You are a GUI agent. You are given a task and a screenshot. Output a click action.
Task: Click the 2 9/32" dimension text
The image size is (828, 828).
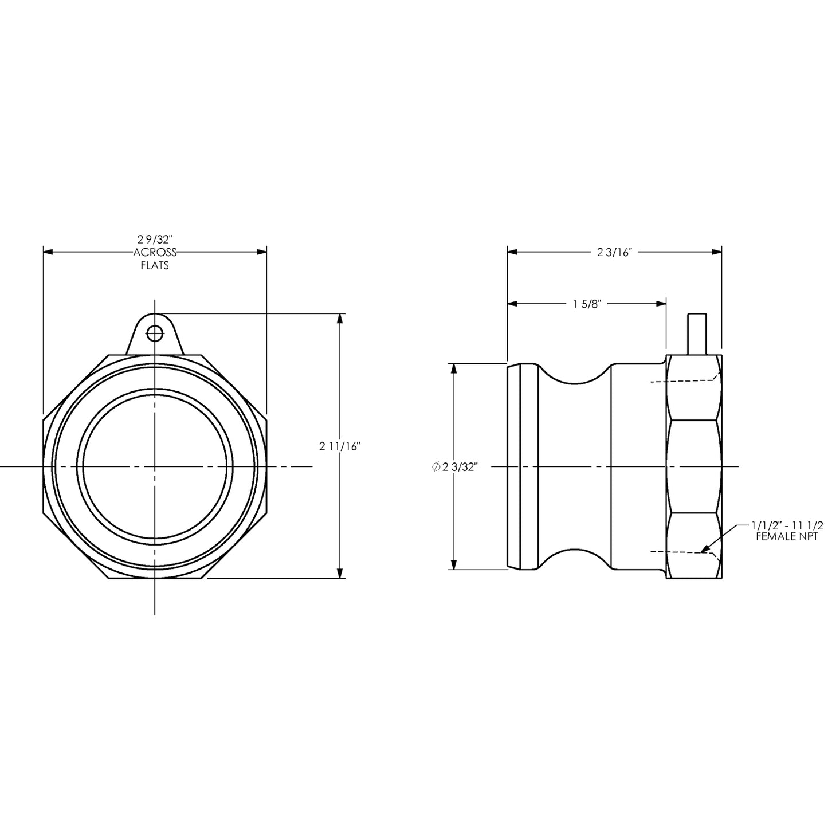155,239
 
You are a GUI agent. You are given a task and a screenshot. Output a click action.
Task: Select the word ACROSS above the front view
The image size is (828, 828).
155,252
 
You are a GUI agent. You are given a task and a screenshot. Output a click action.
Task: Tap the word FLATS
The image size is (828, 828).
155,266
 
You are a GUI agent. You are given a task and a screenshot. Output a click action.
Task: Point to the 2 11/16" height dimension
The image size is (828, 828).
339,447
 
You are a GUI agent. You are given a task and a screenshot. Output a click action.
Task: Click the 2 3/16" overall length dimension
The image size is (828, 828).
614,252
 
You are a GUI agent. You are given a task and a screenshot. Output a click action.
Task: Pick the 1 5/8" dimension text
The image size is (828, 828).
586,304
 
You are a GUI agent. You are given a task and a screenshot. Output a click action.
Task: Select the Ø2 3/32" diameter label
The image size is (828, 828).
454,467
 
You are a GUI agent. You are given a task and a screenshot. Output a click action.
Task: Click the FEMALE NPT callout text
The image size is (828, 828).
786,537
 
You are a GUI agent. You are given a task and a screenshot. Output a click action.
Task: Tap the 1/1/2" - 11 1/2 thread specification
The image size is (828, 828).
787,525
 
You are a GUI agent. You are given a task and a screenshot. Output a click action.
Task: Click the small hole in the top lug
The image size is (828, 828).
155,332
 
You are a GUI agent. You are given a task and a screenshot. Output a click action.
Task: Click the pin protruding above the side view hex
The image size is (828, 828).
697,333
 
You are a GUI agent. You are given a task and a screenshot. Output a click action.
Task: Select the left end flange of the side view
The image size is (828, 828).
521,467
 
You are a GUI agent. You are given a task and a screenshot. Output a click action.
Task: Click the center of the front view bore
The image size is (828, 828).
155,467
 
